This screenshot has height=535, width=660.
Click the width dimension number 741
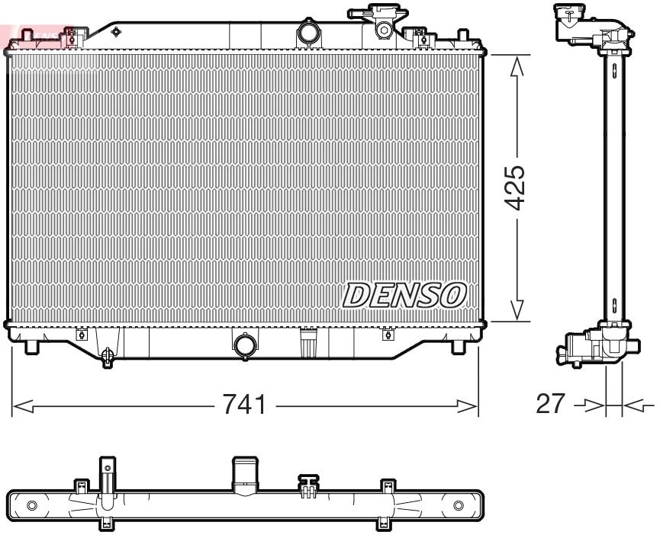tap(244, 405)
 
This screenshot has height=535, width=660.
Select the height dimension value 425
tap(517, 187)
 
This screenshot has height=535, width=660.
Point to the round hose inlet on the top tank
tap(309, 34)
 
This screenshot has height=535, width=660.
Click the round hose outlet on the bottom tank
tap(246, 346)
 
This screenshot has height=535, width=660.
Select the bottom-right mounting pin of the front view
tap(458, 346)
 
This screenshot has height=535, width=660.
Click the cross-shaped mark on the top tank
tap(116, 31)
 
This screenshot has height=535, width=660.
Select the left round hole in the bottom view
tap(31, 505)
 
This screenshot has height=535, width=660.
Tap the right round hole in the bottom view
tap(458, 505)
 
